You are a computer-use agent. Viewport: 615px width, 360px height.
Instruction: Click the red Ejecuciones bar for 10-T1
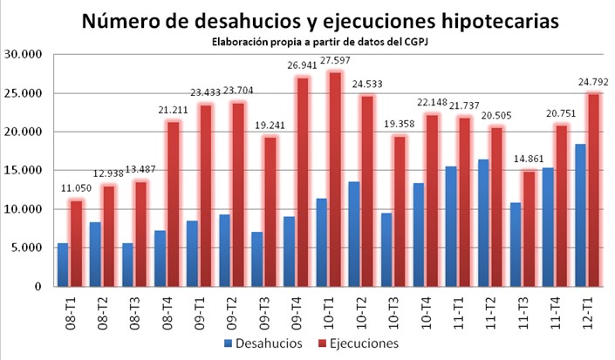tap(335, 179)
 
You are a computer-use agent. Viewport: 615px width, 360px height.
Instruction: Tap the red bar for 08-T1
tap(76, 243)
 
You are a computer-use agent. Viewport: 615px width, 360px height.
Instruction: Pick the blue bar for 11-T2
tap(483, 223)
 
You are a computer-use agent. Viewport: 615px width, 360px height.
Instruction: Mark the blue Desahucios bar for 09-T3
tap(256, 259)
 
